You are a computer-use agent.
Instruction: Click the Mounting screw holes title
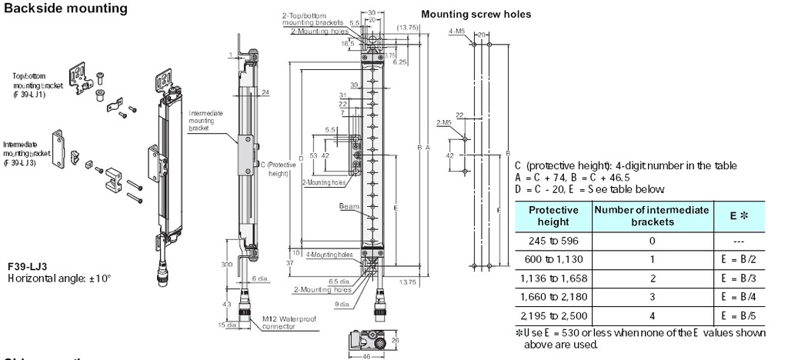point(476,15)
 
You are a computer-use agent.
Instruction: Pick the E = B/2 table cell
point(730,259)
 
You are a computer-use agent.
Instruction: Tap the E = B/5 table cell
point(730,316)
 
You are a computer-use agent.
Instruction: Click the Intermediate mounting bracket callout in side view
point(205,121)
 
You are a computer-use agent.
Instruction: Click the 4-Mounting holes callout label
point(329,255)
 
